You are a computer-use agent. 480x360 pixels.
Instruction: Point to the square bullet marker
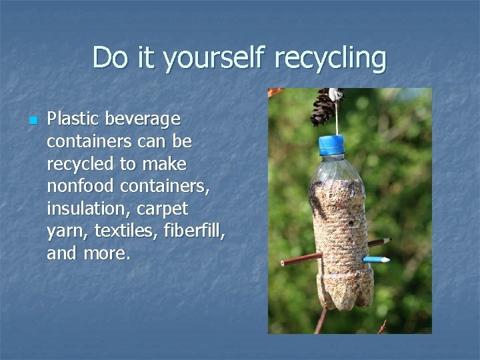[32, 121]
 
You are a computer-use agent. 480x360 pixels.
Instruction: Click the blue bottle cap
[332, 144]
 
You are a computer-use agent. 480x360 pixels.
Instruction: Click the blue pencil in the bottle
[375, 259]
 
